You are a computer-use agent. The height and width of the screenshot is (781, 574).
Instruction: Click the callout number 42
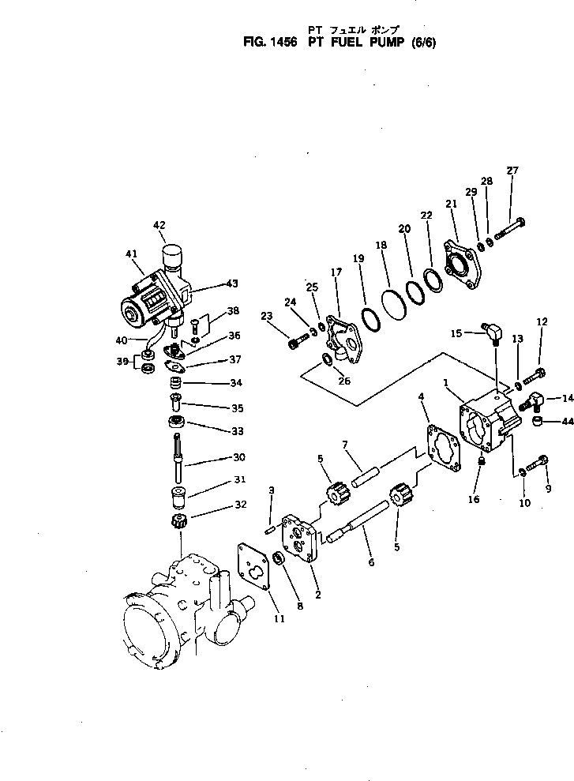click(x=159, y=224)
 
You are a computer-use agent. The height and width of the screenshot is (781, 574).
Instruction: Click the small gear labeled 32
click(x=178, y=522)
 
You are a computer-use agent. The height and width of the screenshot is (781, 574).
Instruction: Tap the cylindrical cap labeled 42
click(x=172, y=257)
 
